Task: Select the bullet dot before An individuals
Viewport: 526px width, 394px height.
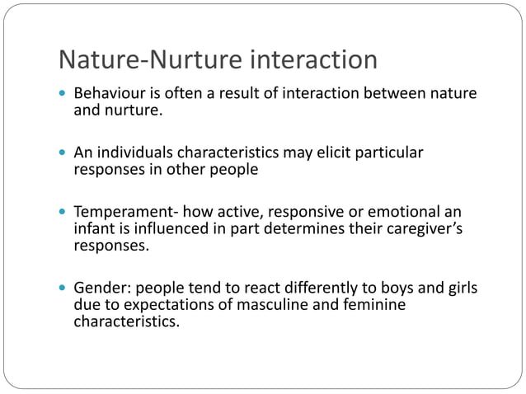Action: click(63, 153)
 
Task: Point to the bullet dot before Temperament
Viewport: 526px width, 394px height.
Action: click(63, 212)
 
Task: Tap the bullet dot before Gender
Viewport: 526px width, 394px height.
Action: click(63, 289)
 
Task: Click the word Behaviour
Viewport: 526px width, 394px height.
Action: click(110, 94)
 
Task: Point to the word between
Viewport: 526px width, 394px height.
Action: click(385, 94)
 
